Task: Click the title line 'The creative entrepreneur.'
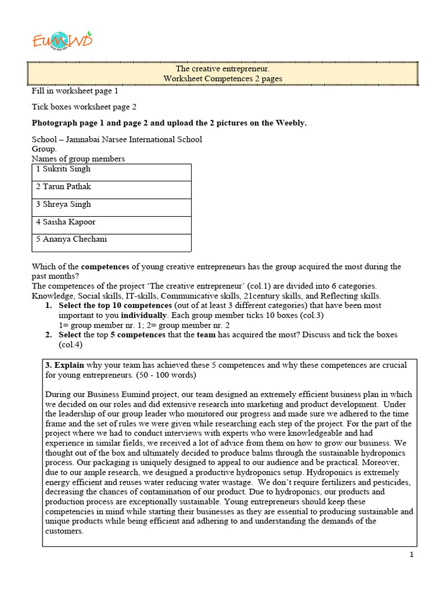(x=223, y=70)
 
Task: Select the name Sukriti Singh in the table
(x=67, y=169)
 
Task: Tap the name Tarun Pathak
(x=67, y=187)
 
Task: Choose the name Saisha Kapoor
(x=69, y=222)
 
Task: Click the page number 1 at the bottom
(x=411, y=555)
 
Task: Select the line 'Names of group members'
(x=78, y=159)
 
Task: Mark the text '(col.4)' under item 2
(x=71, y=345)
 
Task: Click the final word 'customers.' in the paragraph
(x=64, y=531)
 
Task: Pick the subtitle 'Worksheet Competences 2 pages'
(x=223, y=79)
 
